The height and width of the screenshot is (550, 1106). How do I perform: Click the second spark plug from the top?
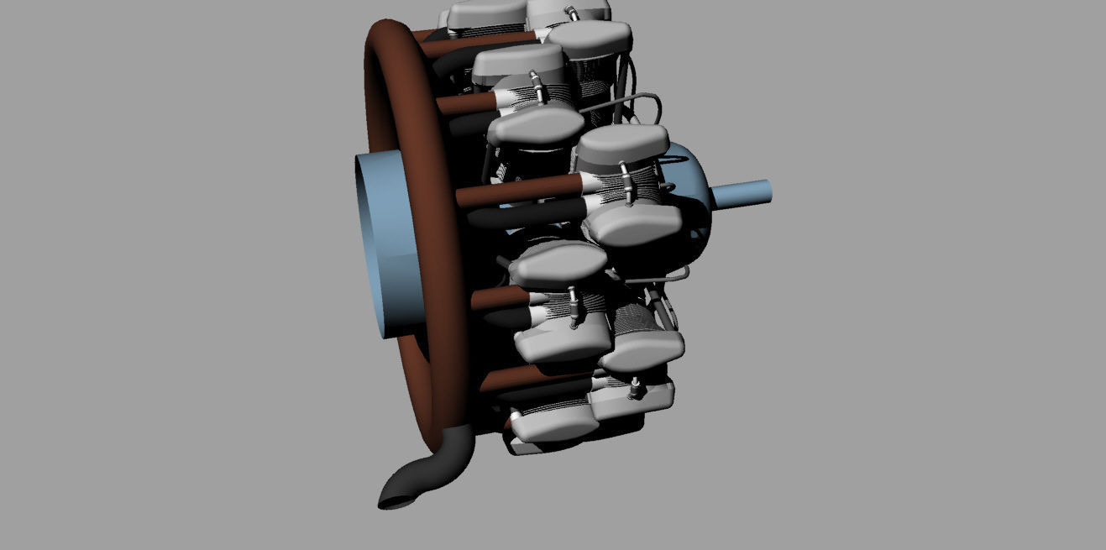point(535,90)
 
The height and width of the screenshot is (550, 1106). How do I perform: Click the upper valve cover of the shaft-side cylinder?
point(622,144)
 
